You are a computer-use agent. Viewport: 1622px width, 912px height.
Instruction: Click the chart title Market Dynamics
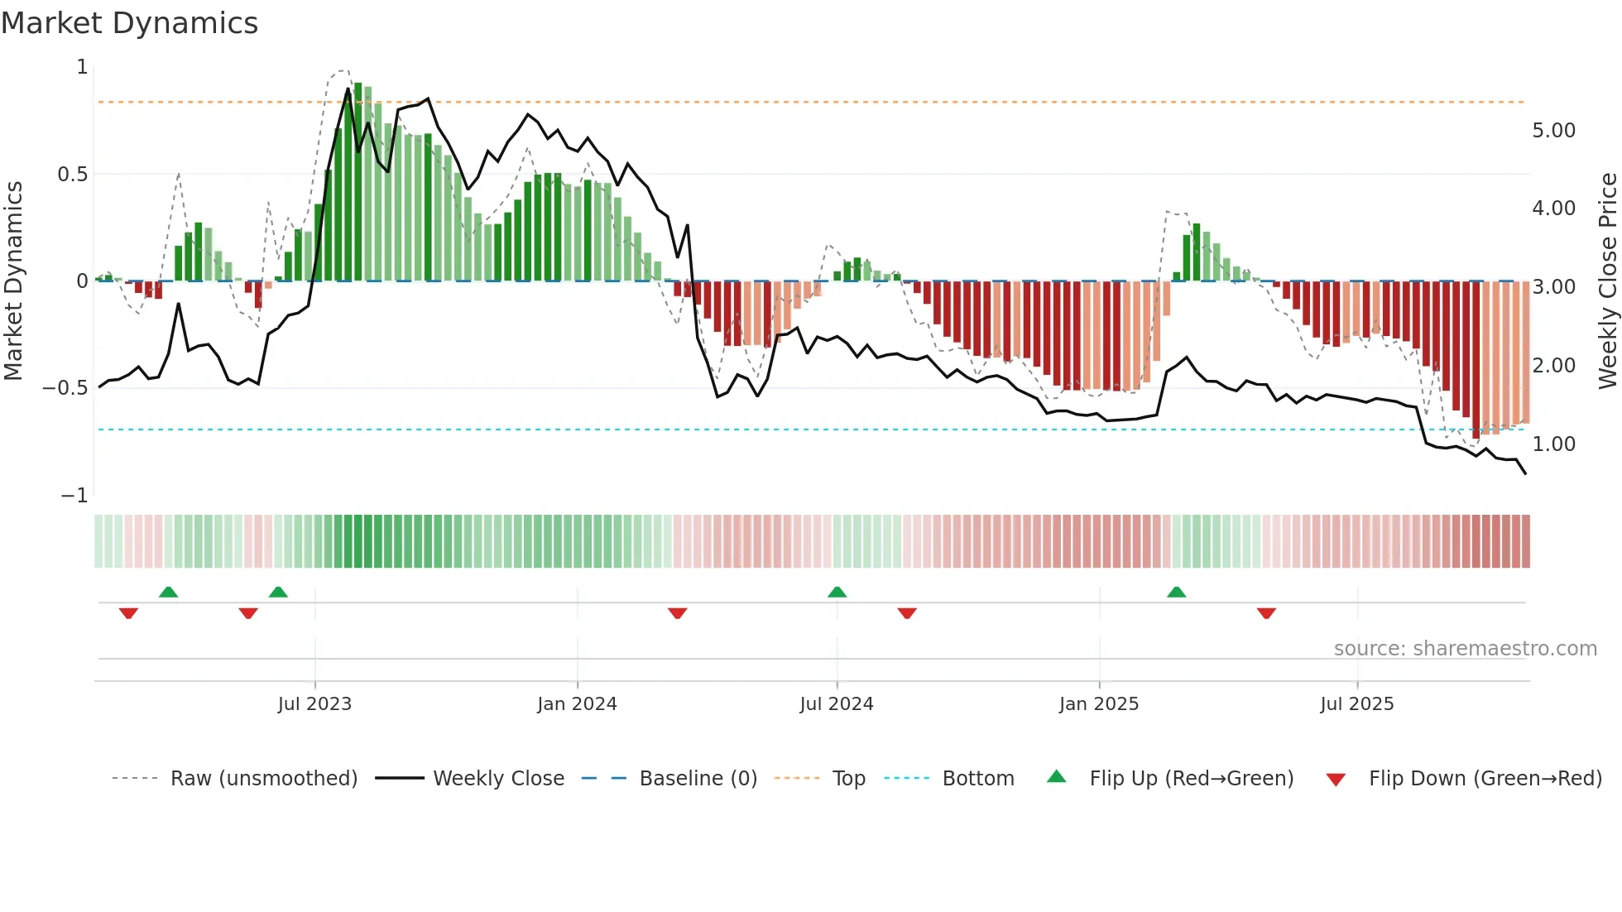(130, 23)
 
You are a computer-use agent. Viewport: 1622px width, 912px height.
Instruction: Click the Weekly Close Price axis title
(1607, 281)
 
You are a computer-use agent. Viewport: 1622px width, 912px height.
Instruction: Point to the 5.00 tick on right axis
(1553, 131)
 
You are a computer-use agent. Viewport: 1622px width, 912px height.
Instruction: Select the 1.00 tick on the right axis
(1553, 444)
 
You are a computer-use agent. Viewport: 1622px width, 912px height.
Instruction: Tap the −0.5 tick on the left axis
(65, 388)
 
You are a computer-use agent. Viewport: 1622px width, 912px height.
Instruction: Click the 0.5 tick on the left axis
(72, 175)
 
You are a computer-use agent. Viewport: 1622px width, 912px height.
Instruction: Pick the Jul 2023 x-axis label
(314, 704)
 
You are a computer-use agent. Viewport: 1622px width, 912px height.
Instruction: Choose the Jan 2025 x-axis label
(1098, 704)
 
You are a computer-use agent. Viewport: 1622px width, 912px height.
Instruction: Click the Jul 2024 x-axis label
(836, 704)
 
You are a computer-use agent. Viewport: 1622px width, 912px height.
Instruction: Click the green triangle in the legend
(1057, 777)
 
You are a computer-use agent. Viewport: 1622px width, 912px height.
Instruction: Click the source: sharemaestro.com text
(1465, 649)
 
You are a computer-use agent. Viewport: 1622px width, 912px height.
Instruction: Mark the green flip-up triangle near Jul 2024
(837, 593)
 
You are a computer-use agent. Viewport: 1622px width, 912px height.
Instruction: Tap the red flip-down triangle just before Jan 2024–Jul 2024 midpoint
(677, 612)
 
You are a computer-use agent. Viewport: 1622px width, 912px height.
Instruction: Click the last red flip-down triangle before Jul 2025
(1266, 612)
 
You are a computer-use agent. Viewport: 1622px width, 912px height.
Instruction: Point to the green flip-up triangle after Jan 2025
(1176, 593)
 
